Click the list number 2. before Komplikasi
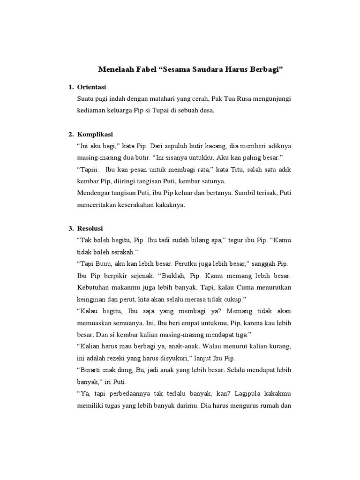71,134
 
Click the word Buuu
102,263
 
